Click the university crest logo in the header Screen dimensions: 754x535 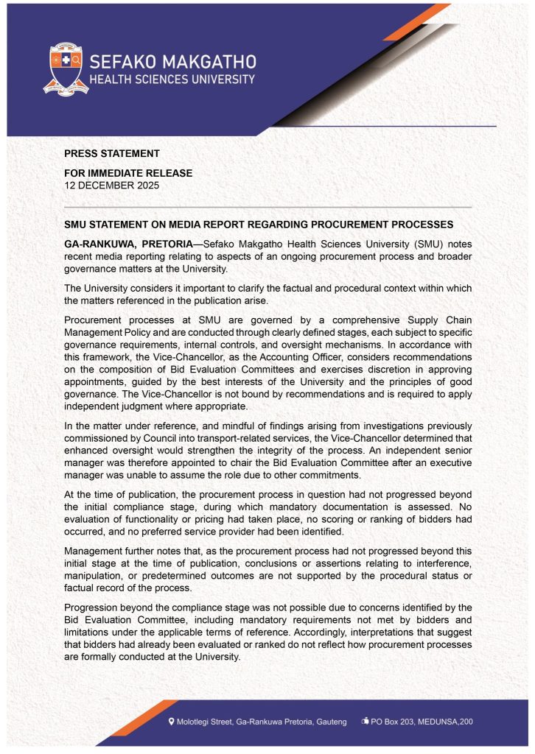tap(66, 70)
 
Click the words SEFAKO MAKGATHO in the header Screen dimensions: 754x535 tap(172, 60)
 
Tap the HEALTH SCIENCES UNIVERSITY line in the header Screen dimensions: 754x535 tap(172, 80)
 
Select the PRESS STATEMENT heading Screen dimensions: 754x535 tap(112, 154)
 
